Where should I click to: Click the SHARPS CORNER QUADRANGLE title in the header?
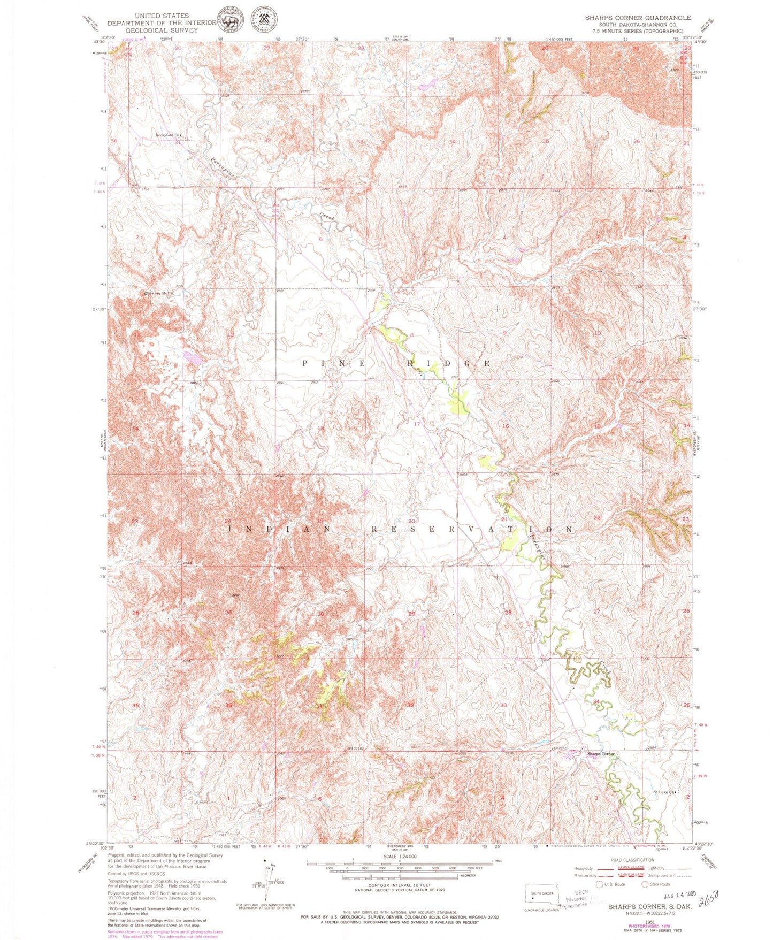coord(638,18)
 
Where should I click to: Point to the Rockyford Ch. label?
coord(169,135)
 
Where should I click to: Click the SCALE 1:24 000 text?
coord(399,857)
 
